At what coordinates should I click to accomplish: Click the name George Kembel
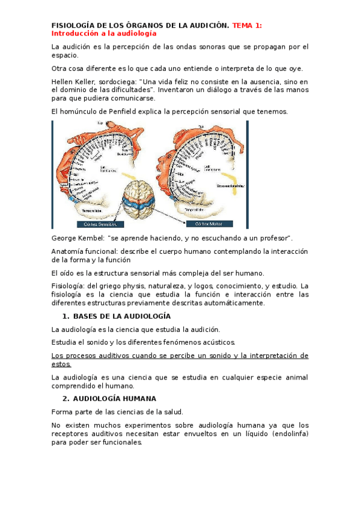[x=76, y=239]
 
